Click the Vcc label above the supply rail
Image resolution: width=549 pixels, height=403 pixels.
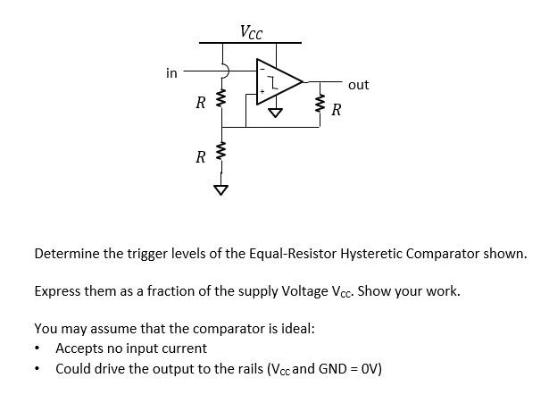coord(251,33)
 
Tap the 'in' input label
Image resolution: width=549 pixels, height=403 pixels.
coord(171,72)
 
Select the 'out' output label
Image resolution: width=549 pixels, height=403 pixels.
coord(358,85)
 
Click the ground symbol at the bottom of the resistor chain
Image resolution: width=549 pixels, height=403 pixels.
coord(219,189)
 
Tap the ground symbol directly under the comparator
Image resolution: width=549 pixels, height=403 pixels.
coord(275,113)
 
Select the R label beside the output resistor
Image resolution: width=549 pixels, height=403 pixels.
coord(336,111)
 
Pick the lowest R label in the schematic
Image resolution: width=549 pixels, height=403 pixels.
coord(201,157)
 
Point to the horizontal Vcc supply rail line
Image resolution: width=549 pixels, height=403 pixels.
coord(250,43)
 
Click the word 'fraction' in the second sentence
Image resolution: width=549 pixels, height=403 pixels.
coord(171,291)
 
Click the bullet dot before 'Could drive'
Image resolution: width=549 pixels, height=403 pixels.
coord(38,369)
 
